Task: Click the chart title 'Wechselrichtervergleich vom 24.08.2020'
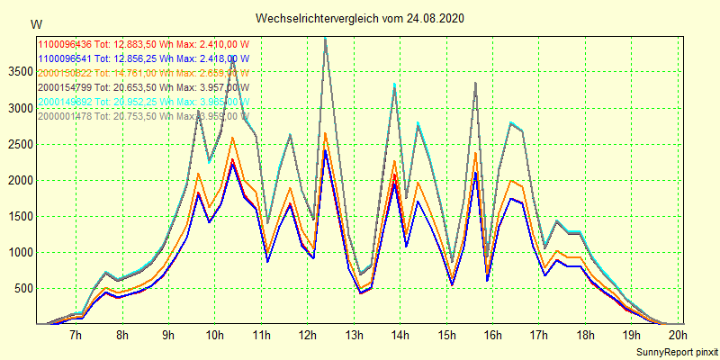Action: (x=360, y=18)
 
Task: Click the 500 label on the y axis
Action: (x=22, y=288)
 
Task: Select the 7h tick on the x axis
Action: (x=76, y=336)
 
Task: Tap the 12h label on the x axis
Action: (x=307, y=336)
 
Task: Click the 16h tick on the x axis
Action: (x=492, y=336)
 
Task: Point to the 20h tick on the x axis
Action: (x=678, y=336)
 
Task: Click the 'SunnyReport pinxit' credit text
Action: (x=672, y=350)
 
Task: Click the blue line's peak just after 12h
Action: (x=325, y=150)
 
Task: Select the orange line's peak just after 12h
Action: (x=325, y=133)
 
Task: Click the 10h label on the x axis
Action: (x=214, y=336)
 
